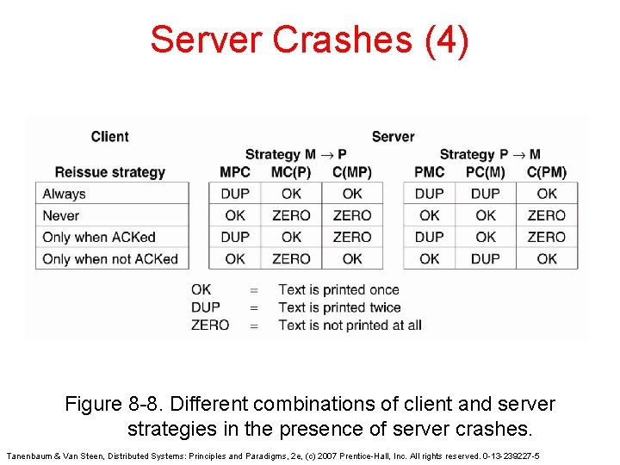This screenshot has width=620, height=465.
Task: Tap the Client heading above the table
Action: pos(109,136)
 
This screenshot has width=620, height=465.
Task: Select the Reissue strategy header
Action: pos(109,172)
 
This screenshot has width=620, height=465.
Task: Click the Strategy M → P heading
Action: pos(295,154)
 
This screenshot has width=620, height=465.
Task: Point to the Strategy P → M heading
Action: pos(490,154)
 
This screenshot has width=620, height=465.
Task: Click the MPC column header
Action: pos(235,172)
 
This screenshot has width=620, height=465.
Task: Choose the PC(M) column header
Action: pos(486,172)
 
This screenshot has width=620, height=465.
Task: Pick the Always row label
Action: pos(65,194)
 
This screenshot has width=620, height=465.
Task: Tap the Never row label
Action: pos(60,215)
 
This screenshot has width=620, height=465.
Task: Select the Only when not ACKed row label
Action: pos(109,258)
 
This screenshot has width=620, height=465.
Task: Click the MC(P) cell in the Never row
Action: pos(291,215)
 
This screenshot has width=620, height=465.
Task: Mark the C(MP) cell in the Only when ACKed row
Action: pos(352,237)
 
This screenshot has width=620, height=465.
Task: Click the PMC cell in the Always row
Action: pos(429,194)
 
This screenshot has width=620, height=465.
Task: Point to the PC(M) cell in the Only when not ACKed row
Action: pos(486,258)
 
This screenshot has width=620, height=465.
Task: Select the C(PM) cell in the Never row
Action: pos(547,215)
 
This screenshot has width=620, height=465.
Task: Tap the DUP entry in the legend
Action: pos(206,307)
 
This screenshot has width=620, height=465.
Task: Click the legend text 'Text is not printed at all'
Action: pos(350,325)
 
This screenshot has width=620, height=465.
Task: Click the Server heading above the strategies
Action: pos(393,136)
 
